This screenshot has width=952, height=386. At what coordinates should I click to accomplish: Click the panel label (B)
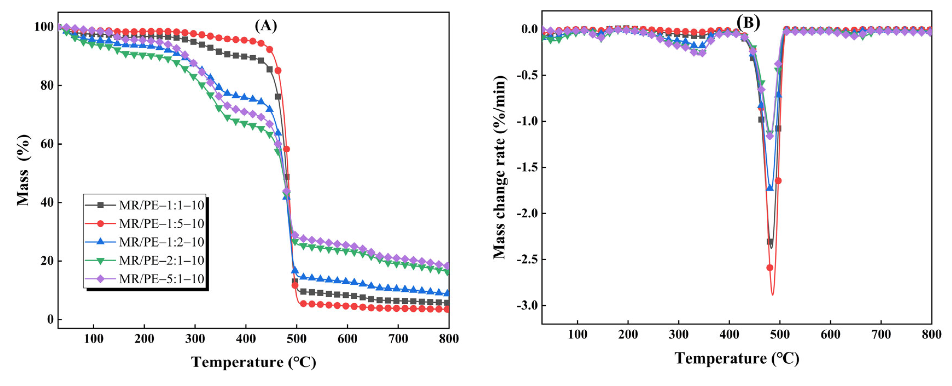click(x=748, y=22)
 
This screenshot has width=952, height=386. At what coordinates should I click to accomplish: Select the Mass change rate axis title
click(x=500, y=167)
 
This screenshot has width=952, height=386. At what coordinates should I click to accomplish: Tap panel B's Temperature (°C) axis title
click(x=737, y=359)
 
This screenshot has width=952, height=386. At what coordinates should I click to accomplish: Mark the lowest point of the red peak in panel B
click(x=772, y=294)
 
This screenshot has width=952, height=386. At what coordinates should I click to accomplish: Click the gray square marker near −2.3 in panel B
click(x=770, y=242)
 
